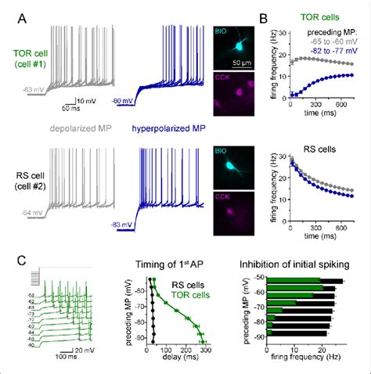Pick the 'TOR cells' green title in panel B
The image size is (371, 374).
(x=314, y=13)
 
